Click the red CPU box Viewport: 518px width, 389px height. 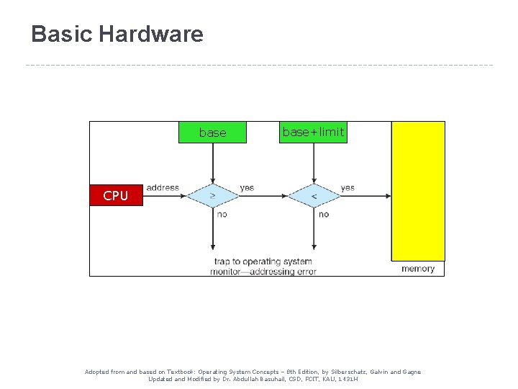[x=116, y=195]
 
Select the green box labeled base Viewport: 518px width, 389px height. [x=212, y=133]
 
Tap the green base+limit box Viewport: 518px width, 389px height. [x=313, y=132]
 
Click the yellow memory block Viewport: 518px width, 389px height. [x=418, y=190]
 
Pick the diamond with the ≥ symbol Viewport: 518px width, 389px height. [x=212, y=195]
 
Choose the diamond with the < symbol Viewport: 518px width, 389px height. [x=314, y=195]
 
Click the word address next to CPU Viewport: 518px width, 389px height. [x=163, y=188]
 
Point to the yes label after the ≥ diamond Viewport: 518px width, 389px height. [x=247, y=188]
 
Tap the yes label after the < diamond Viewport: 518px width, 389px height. [x=347, y=188]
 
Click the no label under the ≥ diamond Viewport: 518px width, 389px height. [x=222, y=214]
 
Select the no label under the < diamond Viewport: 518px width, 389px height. [x=324, y=214]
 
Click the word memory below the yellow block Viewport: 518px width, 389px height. [x=418, y=269]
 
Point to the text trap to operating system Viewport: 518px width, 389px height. [x=263, y=261]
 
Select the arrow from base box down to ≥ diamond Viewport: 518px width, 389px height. [x=212, y=162]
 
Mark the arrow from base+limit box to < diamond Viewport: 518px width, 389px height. [x=314, y=162]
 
